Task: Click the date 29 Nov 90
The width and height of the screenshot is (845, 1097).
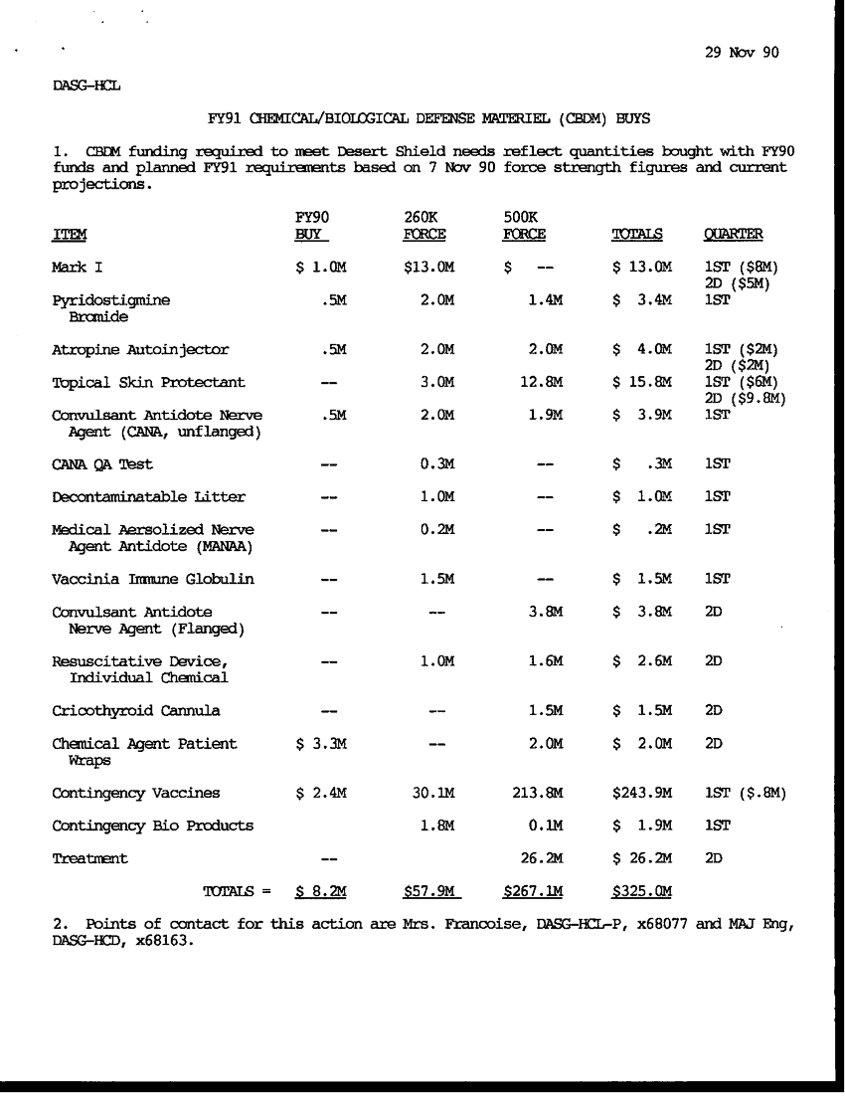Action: (741, 54)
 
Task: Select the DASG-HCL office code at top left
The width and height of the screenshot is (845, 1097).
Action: (85, 86)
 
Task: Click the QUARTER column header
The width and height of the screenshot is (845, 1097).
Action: (733, 235)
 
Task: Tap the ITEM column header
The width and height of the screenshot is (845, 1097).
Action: (69, 235)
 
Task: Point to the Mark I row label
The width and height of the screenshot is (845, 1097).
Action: (77, 268)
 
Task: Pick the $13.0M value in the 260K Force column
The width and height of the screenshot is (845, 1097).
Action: (427, 268)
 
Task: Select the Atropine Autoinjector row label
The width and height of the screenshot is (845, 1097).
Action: (140, 349)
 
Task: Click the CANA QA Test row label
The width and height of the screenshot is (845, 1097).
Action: (101, 463)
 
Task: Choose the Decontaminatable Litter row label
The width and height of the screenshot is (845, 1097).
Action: (148, 496)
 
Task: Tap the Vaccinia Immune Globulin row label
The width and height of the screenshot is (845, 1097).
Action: (152, 579)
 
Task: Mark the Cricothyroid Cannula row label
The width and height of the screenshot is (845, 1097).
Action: (135, 710)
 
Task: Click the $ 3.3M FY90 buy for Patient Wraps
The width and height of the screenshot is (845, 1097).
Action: (320, 743)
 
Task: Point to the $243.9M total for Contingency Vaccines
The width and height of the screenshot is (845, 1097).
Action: (642, 793)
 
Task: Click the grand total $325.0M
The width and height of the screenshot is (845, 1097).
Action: (642, 891)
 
